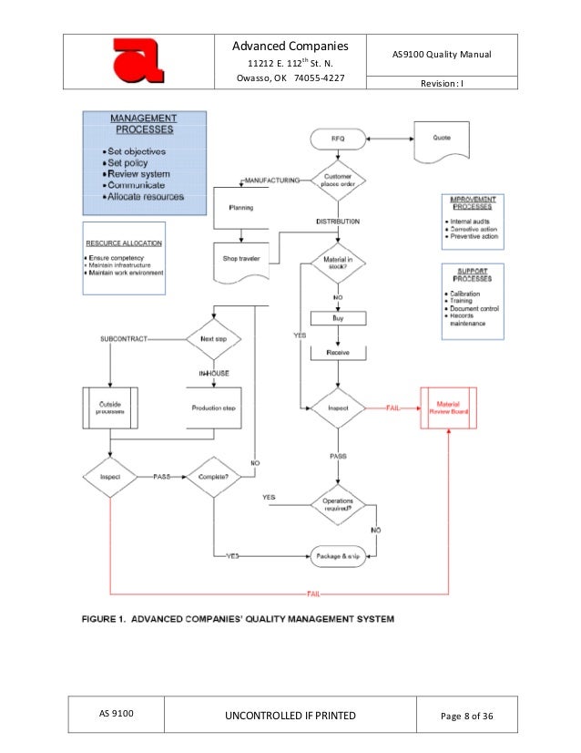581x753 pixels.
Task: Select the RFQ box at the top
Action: click(339, 139)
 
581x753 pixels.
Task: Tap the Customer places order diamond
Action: click(339, 180)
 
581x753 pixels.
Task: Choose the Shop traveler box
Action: click(240, 259)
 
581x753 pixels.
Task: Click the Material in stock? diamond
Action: click(339, 264)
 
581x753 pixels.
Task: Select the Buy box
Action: click(339, 319)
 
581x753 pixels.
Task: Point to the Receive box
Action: click(339, 352)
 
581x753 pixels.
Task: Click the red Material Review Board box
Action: click(449, 407)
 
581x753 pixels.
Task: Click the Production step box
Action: click(212, 408)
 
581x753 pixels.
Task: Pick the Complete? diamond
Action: click(212, 476)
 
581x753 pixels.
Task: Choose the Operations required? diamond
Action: click(339, 503)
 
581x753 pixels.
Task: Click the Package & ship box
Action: click(339, 554)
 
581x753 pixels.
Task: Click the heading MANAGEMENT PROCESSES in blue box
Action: click(144, 125)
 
